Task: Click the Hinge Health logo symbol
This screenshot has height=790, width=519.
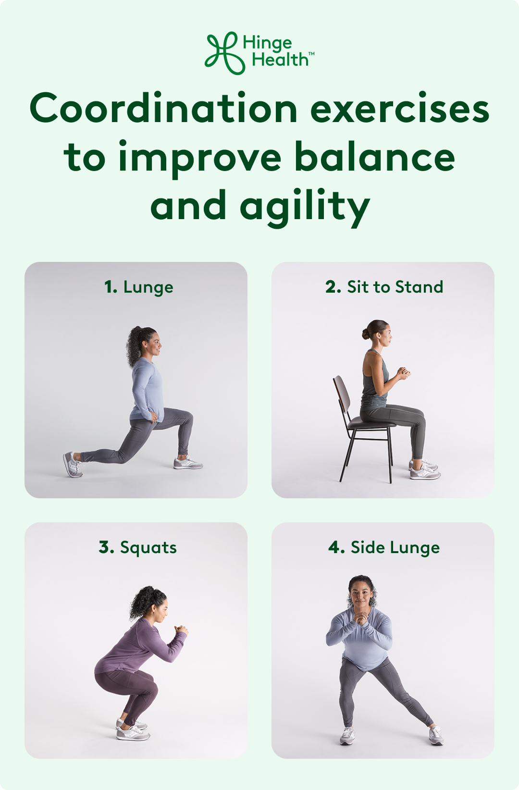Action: (x=222, y=53)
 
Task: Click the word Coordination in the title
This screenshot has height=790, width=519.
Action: (x=164, y=109)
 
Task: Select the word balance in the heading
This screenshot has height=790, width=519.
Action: (x=374, y=157)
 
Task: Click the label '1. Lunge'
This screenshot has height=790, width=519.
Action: (x=138, y=287)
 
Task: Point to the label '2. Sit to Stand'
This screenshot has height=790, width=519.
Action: (x=384, y=287)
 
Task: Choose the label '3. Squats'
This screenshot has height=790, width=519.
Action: (x=138, y=547)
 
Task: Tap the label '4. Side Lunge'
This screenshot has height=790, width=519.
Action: (x=384, y=547)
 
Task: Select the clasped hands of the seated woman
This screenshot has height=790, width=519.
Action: (x=402, y=372)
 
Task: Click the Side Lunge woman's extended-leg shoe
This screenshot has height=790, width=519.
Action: (x=436, y=735)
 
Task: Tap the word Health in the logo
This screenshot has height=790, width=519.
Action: (x=280, y=60)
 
